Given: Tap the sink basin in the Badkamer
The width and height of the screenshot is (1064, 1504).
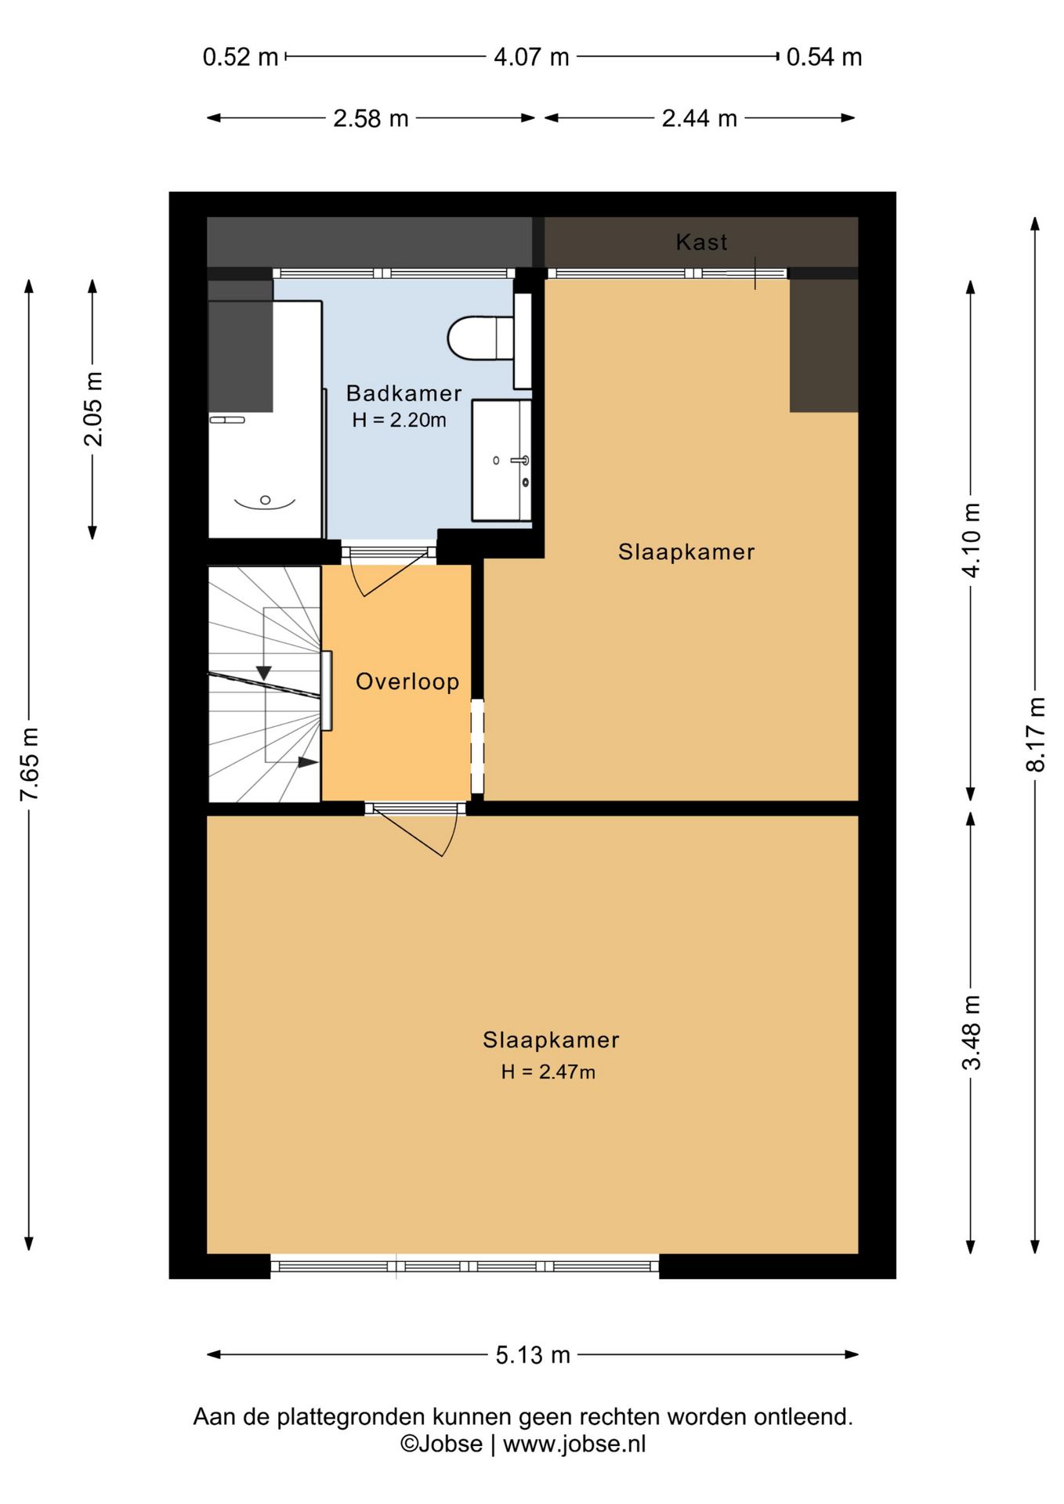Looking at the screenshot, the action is (x=501, y=460).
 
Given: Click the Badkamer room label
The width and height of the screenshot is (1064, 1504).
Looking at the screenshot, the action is (x=404, y=393).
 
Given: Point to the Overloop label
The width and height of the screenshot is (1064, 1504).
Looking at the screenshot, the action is (x=407, y=681).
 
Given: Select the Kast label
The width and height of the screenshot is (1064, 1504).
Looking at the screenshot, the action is (x=701, y=242).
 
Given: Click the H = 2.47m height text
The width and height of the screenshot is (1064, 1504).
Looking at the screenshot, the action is (x=548, y=1072).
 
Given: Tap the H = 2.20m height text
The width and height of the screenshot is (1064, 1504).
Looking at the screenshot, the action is (x=399, y=420).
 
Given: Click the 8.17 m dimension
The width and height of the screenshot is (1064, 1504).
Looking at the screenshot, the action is (x=1036, y=735).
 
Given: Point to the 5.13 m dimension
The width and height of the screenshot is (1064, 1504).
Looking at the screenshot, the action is (x=533, y=1354).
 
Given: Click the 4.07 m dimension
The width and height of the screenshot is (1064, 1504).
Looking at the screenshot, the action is (x=531, y=57).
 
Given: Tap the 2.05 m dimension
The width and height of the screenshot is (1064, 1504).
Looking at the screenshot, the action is (x=93, y=409).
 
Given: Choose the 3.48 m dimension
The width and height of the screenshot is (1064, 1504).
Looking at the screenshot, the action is (x=972, y=1032).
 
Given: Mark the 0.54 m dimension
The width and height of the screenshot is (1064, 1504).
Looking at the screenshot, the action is (x=824, y=57).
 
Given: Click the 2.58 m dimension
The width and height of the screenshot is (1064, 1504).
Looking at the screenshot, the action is (x=371, y=118).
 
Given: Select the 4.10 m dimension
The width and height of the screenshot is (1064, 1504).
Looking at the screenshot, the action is (x=972, y=540).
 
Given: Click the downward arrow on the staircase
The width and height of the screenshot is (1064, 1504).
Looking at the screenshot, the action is (x=264, y=673).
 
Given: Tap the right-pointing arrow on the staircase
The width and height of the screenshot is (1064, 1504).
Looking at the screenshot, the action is (x=308, y=761).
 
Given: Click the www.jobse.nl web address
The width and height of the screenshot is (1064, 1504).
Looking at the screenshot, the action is (x=574, y=1444).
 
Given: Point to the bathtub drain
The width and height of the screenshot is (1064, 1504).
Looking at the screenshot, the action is (x=265, y=500).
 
